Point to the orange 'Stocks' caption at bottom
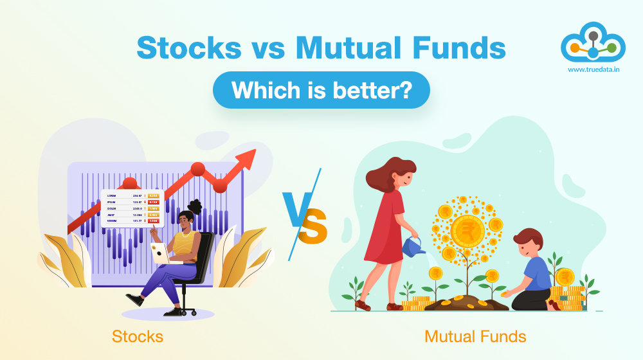138,336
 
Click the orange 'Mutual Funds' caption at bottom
475,336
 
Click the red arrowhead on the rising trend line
248,157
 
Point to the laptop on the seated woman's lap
159,253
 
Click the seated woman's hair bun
195,207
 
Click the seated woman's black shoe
134,300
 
